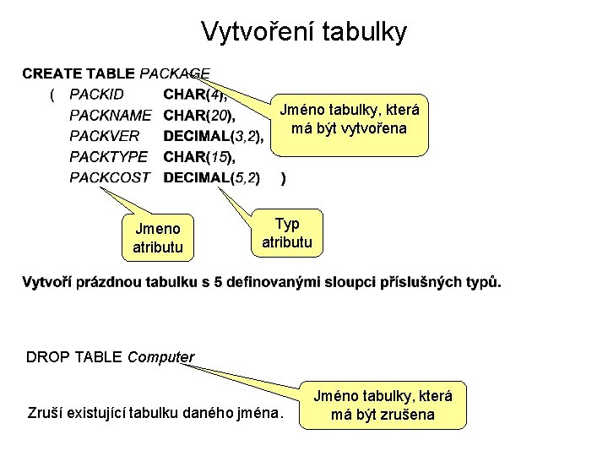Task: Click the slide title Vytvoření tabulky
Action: tap(304, 32)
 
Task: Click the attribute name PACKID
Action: tap(96, 94)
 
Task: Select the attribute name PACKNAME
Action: tap(110, 115)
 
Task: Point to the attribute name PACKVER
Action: tap(104, 135)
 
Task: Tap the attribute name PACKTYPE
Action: tap(108, 156)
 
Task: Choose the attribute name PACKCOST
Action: tap(109, 177)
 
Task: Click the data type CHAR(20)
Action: tap(199, 115)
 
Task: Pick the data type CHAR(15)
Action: tap(199, 156)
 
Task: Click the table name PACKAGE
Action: tap(175, 73)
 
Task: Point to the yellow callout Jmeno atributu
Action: tap(157, 238)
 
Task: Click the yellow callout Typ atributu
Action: tap(287, 232)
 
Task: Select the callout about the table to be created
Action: tap(349, 120)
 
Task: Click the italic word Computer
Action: tap(160, 357)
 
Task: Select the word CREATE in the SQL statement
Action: tap(50, 73)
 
